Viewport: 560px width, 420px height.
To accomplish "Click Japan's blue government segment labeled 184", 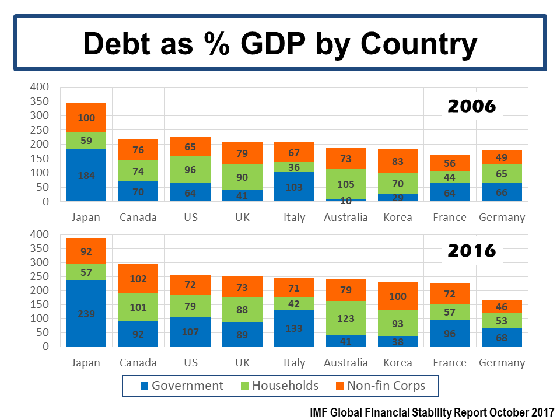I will (86, 175).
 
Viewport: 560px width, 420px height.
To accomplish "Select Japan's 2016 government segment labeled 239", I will (86, 313).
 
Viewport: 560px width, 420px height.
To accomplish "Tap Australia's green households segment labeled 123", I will (346, 318).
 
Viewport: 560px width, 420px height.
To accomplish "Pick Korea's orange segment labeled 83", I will (398, 161).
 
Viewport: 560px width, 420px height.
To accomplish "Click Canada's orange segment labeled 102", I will (138, 279).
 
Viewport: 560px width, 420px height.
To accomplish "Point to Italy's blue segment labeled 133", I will (295, 328).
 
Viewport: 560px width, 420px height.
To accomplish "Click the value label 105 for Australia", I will (346, 185).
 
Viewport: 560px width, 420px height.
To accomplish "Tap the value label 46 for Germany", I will (502, 306).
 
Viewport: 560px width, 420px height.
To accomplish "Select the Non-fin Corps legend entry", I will (386, 386).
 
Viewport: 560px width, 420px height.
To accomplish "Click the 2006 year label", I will (471, 106).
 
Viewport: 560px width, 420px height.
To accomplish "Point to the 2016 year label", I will (471, 251).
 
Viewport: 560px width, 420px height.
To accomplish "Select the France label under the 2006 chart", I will (450, 218).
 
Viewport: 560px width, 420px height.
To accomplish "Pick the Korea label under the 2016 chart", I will (398, 362).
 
